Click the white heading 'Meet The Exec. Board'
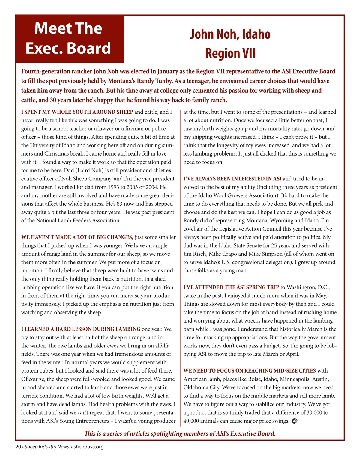click(68, 38)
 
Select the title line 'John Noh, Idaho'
click(230, 34)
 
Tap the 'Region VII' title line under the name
click(230, 53)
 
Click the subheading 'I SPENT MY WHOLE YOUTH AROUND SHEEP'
click(77, 112)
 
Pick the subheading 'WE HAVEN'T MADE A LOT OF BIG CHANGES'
click(77, 237)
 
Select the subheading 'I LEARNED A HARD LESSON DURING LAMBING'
click(81, 329)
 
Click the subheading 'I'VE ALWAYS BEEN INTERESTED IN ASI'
click(232, 179)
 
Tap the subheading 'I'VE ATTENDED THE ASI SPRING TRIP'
click(231, 287)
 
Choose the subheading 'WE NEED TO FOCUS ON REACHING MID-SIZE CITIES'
click(250, 370)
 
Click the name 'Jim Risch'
click(195, 254)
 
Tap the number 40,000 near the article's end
click(191, 421)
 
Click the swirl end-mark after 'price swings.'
click(295, 421)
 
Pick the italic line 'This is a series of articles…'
click(180, 433)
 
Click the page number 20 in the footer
click(18, 447)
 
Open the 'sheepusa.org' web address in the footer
click(88, 447)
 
